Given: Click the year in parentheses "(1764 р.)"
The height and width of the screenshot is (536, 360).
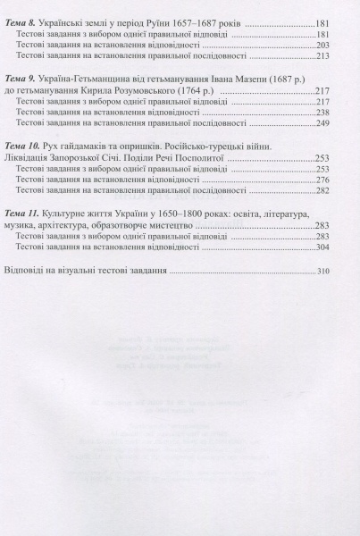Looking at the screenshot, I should pyautogui.click(x=195, y=91).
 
